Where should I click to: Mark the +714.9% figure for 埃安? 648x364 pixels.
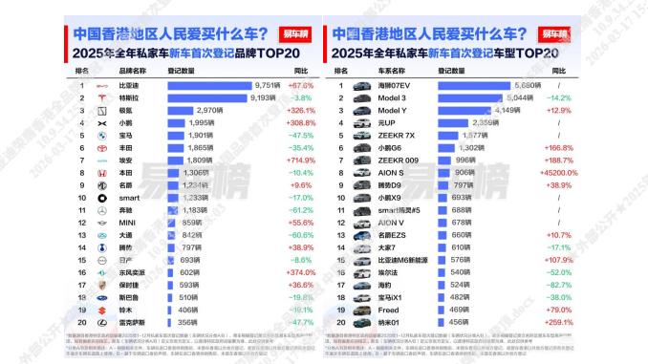point(301,161)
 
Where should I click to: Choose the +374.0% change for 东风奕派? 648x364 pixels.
point(301,272)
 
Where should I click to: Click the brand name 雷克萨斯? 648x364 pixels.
point(132,323)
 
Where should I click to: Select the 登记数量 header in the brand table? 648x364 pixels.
point(182,71)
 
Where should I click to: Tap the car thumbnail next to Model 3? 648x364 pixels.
point(361,97)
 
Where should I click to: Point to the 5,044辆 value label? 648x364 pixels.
point(519,97)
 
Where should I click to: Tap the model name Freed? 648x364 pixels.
point(389,310)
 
